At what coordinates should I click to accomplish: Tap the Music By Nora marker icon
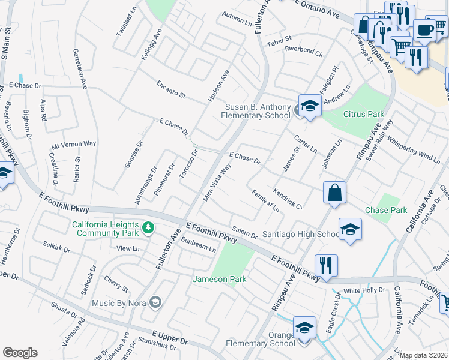[x=155, y=302]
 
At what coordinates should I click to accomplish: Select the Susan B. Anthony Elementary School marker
[x=309, y=107]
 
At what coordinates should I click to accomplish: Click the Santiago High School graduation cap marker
[x=350, y=229]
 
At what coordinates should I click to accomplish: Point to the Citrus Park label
[x=363, y=113]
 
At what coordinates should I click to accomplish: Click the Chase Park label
[x=386, y=210]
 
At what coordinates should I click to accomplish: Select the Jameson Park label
[x=212, y=279]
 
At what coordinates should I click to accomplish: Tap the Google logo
[x=20, y=353]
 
